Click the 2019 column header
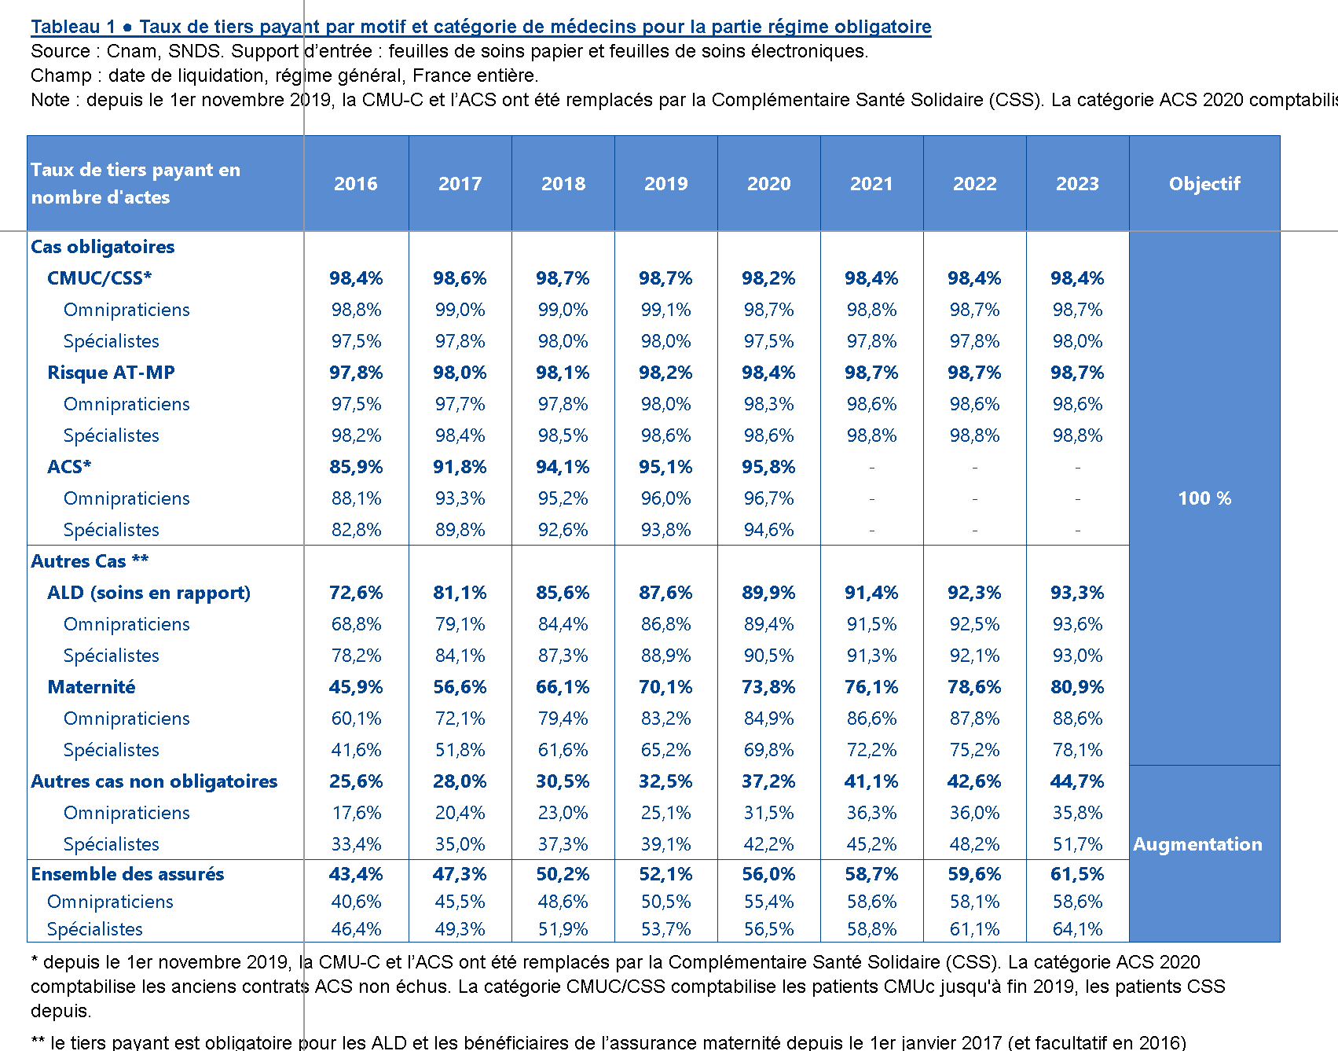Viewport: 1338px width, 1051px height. point(666,184)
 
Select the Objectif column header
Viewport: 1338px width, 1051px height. point(1204,184)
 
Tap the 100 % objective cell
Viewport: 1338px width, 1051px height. point(1204,498)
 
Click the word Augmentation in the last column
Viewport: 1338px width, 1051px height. point(1197,844)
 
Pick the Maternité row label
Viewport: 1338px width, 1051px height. point(91,687)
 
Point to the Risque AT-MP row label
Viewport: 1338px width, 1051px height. point(111,373)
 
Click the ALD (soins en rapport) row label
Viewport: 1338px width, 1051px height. point(148,593)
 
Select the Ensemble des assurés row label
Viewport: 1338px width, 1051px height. point(127,874)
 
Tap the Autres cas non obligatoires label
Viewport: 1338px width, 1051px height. point(154,781)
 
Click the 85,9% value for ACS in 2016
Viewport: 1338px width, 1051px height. point(356,467)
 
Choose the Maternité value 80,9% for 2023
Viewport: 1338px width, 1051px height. point(1077,687)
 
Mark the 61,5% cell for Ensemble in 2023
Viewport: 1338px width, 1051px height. point(1077,874)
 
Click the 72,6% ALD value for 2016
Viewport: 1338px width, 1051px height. point(356,593)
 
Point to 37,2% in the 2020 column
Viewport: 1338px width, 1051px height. point(768,781)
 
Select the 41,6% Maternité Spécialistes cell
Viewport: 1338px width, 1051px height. point(356,750)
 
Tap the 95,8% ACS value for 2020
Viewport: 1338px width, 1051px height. point(768,467)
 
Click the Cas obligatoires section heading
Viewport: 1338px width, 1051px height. point(102,247)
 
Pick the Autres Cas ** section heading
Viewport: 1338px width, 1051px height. point(90,561)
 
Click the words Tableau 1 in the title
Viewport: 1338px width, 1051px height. point(73,27)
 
